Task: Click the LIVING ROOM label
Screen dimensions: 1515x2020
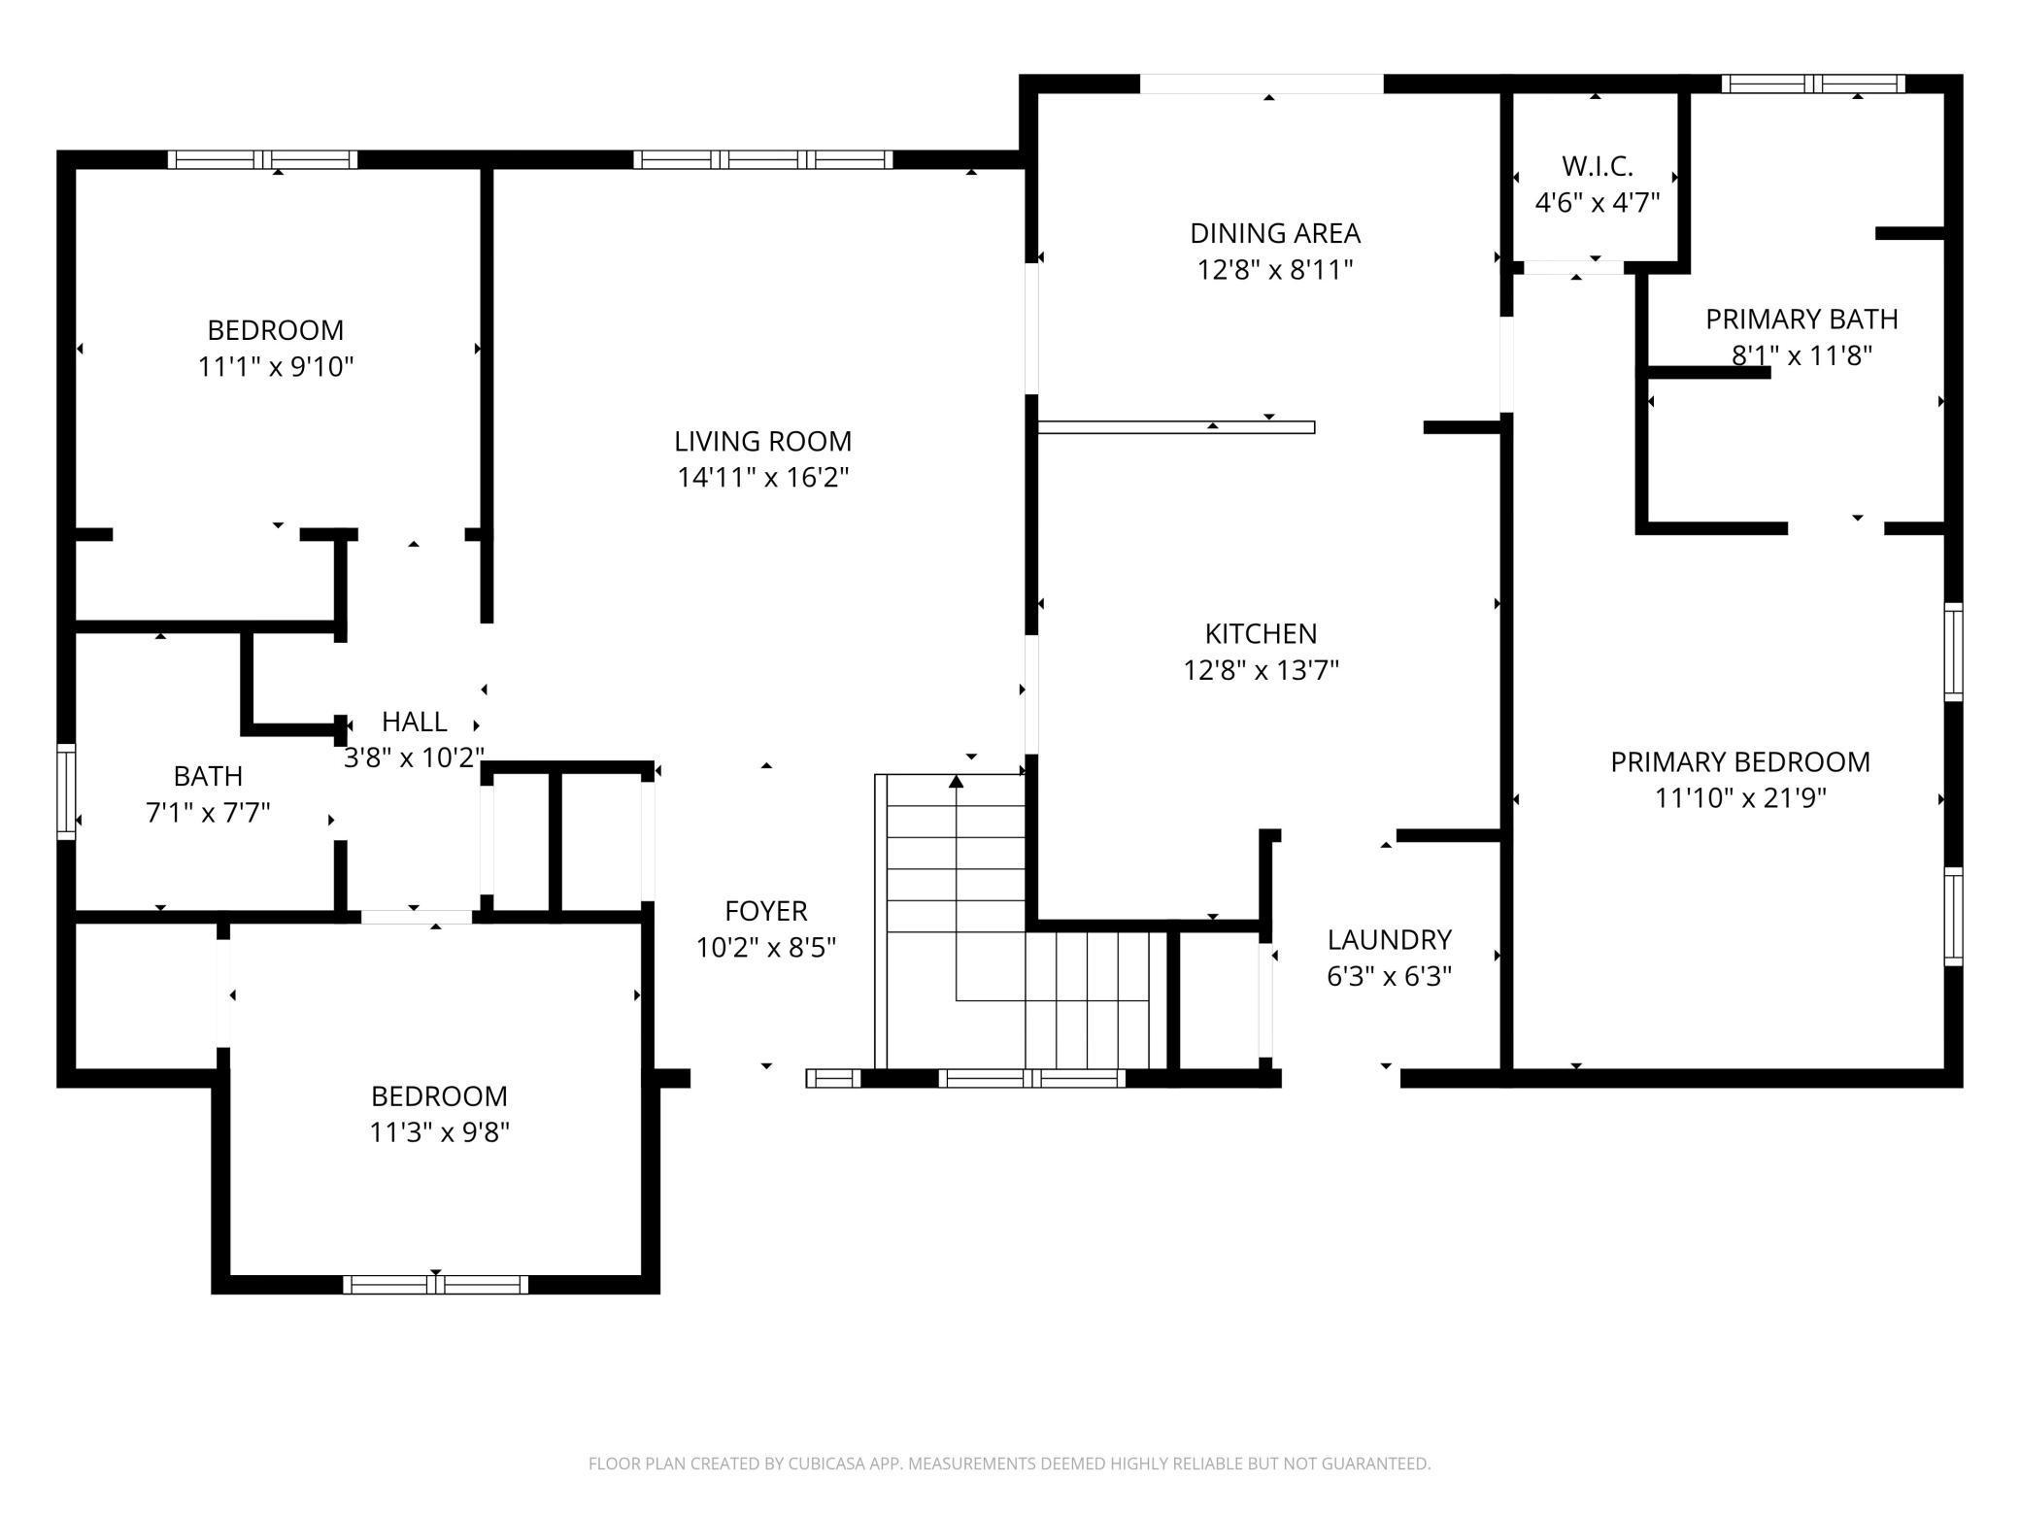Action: (762, 441)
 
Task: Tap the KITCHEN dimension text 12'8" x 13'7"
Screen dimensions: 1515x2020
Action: (1261, 670)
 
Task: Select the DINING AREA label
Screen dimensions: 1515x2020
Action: (1274, 233)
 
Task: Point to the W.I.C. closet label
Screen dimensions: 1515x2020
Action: (1597, 166)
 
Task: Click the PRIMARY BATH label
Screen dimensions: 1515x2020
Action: (1801, 319)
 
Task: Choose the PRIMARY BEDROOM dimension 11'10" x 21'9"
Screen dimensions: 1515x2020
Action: (1739, 798)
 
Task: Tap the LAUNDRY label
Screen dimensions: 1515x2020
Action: (1389, 939)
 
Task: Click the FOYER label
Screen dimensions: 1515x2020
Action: (765, 911)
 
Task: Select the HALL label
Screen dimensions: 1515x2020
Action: (414, 722)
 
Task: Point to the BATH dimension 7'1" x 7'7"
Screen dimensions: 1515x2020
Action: (208, 812)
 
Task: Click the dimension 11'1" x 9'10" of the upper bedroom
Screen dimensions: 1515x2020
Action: (276, 367)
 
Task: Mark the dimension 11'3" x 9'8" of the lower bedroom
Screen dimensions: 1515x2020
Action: (439, 1132)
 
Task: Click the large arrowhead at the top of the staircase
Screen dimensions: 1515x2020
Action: (956, 781)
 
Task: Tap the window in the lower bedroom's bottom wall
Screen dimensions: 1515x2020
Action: (435, 1284)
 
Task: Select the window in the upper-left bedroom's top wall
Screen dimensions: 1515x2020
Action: (262, 160)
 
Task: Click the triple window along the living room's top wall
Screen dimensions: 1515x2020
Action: (762, 160)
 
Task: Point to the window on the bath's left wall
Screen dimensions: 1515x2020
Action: (66, 791)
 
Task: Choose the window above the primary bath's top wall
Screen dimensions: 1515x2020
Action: (1812, 84)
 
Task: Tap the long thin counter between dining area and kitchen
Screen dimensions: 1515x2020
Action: (1175, 427)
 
